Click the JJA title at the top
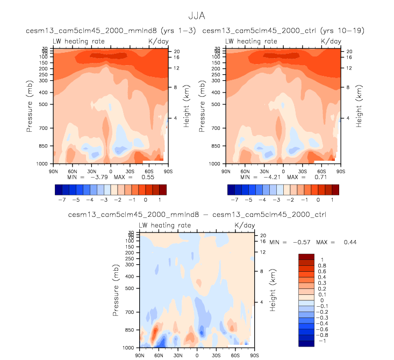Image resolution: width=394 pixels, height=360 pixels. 197,17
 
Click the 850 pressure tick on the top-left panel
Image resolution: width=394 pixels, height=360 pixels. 45,146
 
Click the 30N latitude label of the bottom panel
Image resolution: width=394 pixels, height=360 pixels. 177,355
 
